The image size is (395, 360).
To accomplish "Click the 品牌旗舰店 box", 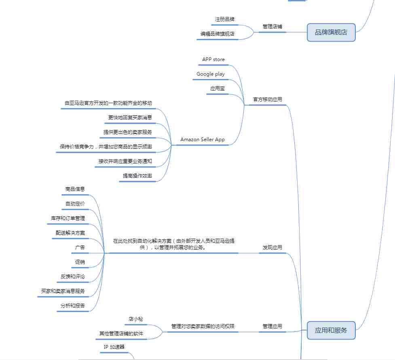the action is pyautogui.click(x=331, y=32).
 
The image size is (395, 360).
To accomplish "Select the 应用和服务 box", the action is pyautogui.click(x=331, y=330).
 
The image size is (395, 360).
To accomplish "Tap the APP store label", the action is pyautogui.click(x=213, y=59).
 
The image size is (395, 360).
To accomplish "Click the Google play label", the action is pyautogui.click(x=211, y=74).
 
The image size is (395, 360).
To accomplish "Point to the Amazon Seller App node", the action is pyautogui.click(x=203, y=140).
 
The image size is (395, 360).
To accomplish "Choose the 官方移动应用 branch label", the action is pyautogui.click(x=268, y=100).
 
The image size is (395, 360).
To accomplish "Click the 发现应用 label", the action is pyautogui.click(x=272, y=247).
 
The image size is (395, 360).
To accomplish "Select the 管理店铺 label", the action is pyautogui.click(x=272, y=26).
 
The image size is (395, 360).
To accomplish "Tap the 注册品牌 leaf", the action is pyautogui.click(x=225, y=19).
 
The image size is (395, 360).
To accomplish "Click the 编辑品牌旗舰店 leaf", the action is pyautogui.click(x=218, y=34).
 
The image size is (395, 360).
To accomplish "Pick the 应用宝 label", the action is pyautogui.click(x=218, y=89).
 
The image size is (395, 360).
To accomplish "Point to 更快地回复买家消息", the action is pyautogui.click(x=130, y=117).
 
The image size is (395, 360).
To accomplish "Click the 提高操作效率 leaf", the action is pyautogui.click(x=137, y=176).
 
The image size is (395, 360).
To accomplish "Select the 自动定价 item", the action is pyautogui.click(x=75, y=204).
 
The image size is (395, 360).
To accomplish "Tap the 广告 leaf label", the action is pyautogui.click(x=80, y=247).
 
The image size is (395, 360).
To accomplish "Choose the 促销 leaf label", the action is pyautogui.click(x=80, y=262).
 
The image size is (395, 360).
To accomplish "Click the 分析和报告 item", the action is pyautogui.click(x=72, y=305).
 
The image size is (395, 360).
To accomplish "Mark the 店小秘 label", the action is pyautogui.click(x=136, y=319).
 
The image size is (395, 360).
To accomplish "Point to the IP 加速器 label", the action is pyautogui.click(x=114, y=347).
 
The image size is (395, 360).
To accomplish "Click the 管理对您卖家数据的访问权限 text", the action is pyautogui.click(x=203, y=326).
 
